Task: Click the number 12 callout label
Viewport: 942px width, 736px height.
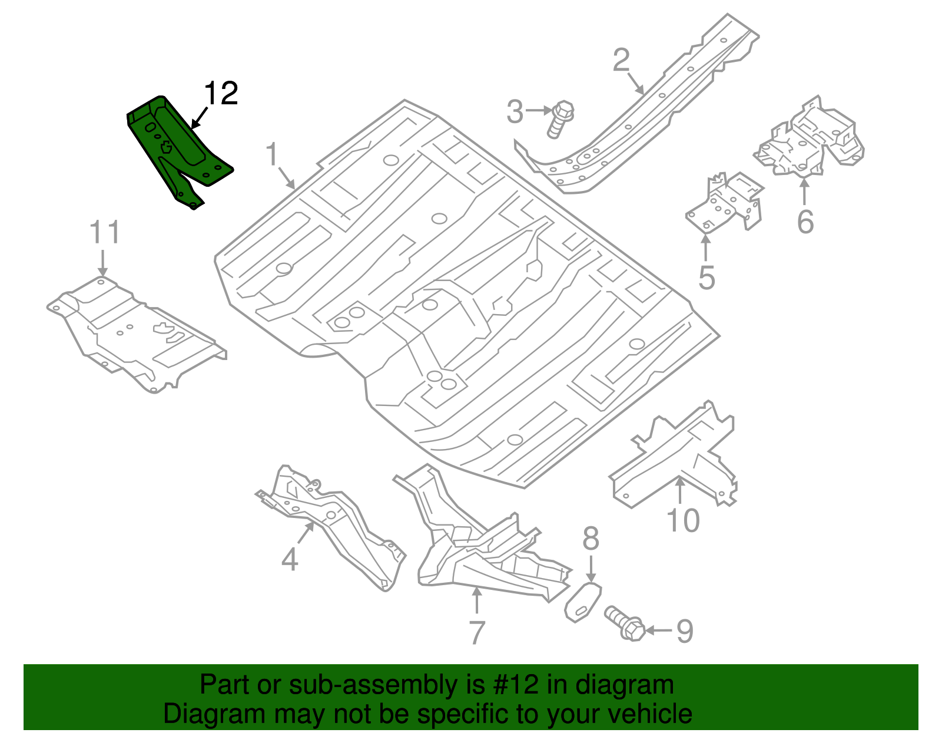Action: (x=221, y=94)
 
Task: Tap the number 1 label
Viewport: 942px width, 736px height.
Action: (x=271, y=155)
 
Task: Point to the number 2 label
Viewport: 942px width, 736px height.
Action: (x=621, y=61)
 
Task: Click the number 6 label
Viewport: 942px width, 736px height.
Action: (x=805, y=222)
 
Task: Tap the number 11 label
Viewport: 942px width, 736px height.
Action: (x=105, y=233)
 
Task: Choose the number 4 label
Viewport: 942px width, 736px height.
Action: (x=290, y=559)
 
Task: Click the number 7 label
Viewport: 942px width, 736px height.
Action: (x=476, y=632)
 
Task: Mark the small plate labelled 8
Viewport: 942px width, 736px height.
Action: (x=582, y=601)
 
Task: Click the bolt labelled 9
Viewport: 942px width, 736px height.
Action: (x=625, y=623)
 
